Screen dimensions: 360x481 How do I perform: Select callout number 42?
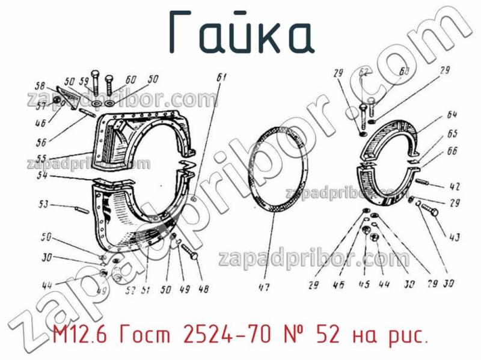pos(454,185)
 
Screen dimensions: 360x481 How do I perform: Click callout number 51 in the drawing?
pos(145,289)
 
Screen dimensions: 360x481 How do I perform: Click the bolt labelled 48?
pos(189,252)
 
